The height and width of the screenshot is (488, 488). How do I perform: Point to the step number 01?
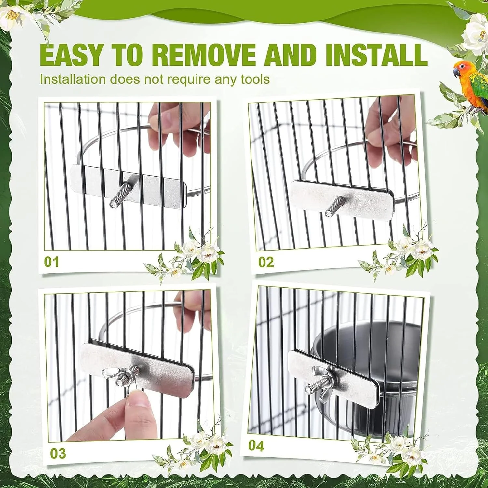[x=51, y=262]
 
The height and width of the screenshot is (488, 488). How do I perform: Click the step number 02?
[x=266, y=262]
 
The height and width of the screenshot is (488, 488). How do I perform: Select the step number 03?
[x=58, y=454]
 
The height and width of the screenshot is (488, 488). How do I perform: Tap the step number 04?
[x=256, y=446]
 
